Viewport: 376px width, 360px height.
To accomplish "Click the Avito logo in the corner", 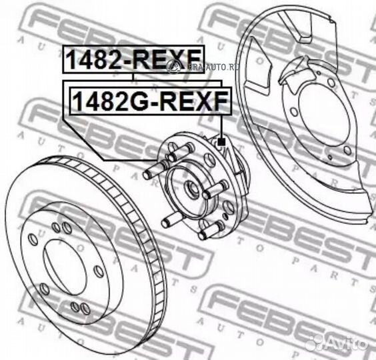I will click(x=340, y=343).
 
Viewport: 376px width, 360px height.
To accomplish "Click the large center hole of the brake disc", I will click(x=69, y=263).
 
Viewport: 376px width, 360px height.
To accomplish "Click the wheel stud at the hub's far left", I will click(x=154, y=171).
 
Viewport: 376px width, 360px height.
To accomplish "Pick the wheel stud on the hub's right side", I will click(x=215, y=192).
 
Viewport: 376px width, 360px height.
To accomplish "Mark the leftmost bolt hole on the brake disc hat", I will click(x=33, y=239).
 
